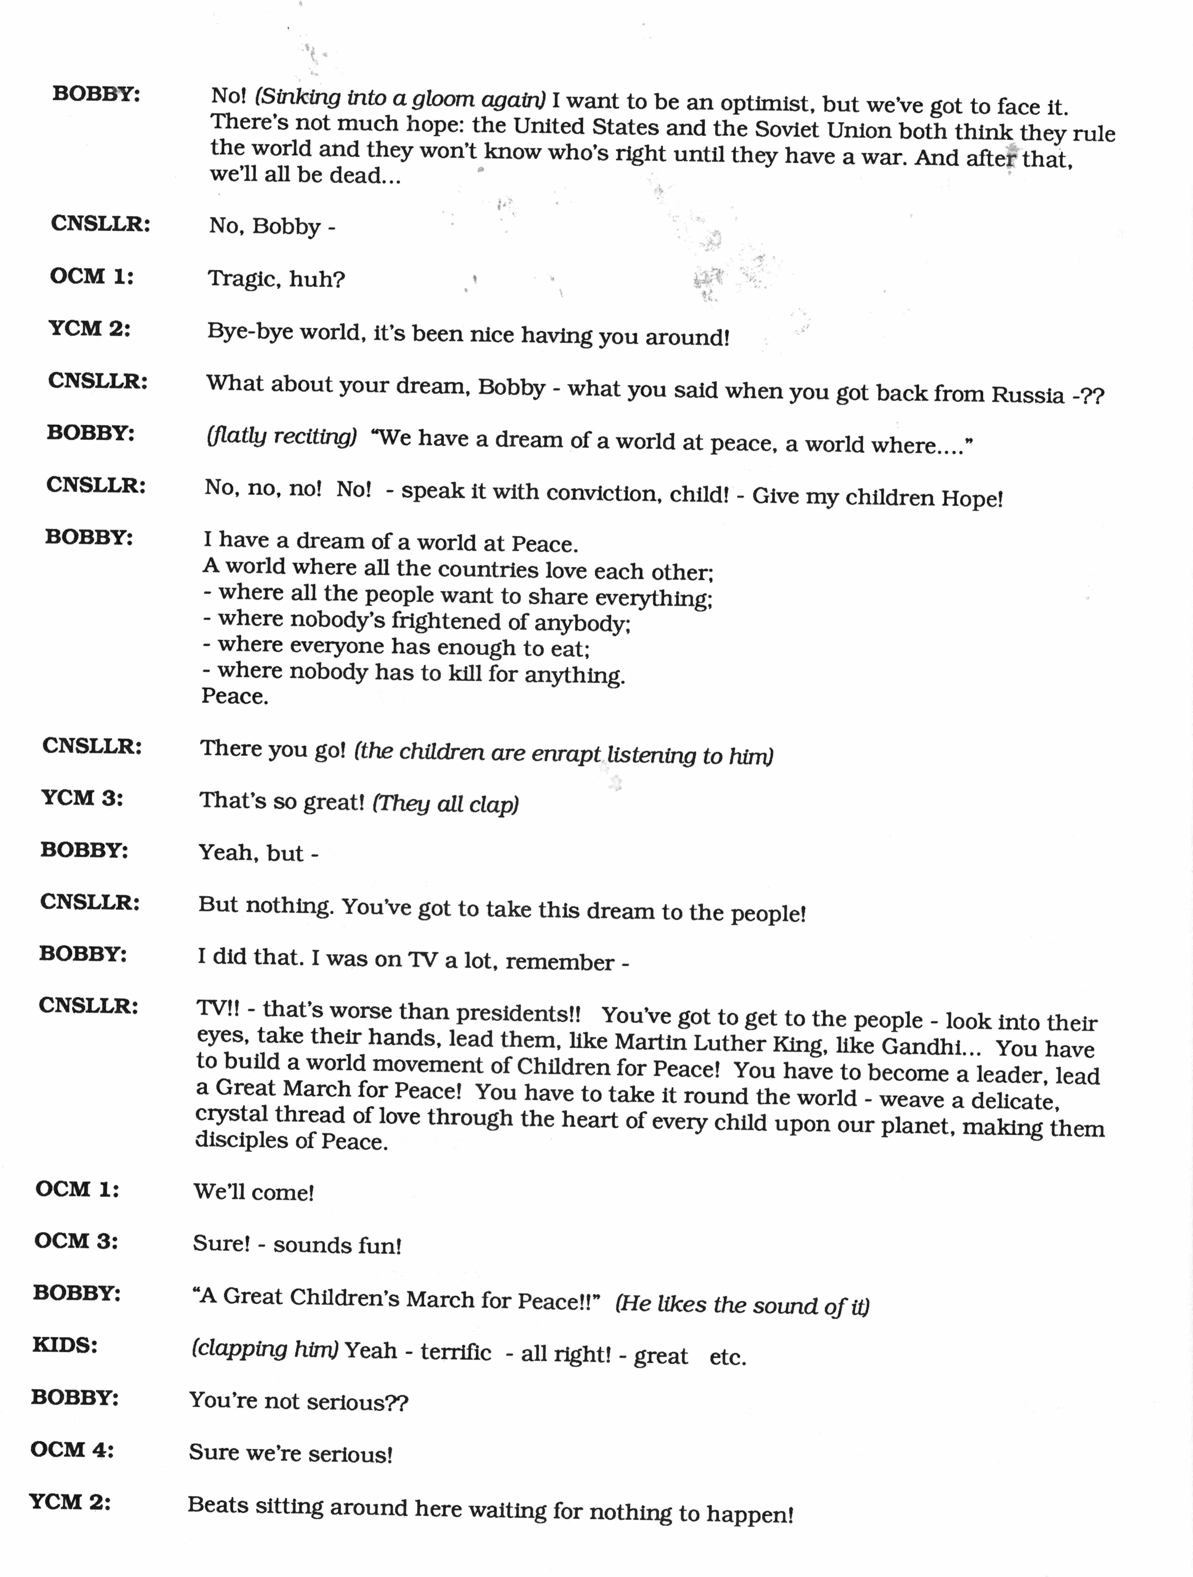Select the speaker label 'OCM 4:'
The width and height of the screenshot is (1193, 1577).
[x=72, y=1449]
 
